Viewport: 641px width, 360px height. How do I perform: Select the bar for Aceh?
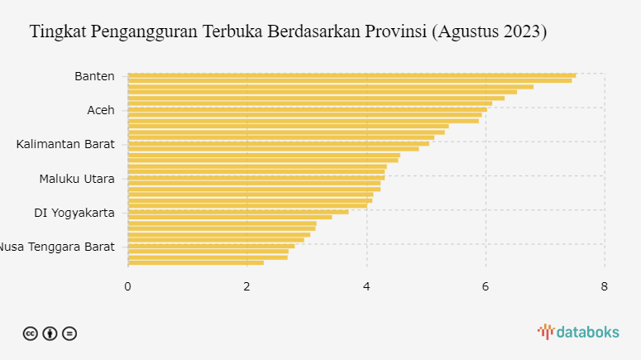point(307,109)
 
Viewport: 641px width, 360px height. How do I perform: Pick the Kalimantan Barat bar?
point(278,143)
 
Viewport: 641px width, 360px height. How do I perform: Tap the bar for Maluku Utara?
point(256,177)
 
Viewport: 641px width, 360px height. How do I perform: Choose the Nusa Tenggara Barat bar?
point(211,246)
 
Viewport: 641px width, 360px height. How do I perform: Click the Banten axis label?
point(94,76)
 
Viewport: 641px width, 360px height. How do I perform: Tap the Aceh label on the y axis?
point(101,110)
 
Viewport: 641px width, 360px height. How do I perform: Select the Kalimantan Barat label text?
point(65,144)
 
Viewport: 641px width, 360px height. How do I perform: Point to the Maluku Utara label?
point(77,178)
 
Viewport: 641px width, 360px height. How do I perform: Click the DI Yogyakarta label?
point(74,212)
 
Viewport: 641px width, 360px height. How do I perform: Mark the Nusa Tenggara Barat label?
point(58,246)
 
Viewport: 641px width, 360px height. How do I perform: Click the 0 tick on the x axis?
point(128,286)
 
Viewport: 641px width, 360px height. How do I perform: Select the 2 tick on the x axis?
point(247,286)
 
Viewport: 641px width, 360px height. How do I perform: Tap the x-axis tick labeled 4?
point(366,286)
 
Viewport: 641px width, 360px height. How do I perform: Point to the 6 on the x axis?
point(486,286)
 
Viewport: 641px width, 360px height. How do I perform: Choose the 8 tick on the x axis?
point(605,286)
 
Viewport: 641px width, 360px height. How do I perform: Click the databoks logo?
point(578,332)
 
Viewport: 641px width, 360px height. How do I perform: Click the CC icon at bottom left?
point(30,334)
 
